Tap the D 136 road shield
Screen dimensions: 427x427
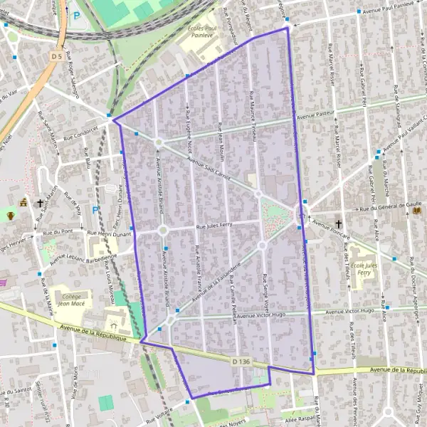point(241,362)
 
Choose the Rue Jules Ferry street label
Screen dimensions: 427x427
point(216,228)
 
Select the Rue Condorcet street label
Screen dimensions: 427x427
point(79,133)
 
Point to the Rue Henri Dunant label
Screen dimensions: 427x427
point(111,233)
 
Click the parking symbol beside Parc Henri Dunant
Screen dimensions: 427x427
point(95,210)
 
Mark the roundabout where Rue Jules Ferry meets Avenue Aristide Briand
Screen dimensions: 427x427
point(163,230)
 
